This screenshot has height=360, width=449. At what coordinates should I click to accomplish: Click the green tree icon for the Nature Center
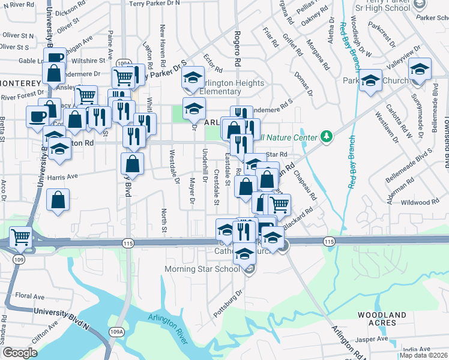click(327, 137)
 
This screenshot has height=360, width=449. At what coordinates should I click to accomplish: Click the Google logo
click(20, 352)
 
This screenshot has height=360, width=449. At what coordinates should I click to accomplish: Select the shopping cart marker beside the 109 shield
click(20, 238)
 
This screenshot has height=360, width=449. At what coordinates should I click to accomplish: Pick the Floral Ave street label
click(30, 296)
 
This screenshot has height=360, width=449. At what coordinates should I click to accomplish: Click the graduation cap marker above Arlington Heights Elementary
click(193, 79)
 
